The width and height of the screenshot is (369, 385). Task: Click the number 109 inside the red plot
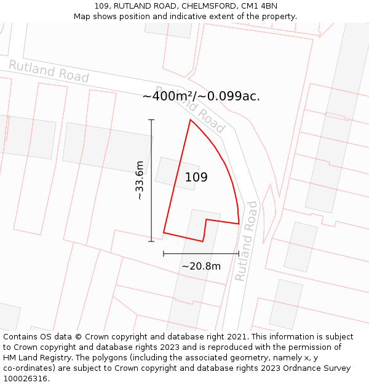click(196, 177)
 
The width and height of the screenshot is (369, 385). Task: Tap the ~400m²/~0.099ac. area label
click(201, 96)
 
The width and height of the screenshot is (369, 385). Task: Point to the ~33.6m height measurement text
click(140, 180)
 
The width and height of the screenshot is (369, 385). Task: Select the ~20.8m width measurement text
click(201, 266)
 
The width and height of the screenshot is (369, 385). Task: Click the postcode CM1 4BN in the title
click(260, 6)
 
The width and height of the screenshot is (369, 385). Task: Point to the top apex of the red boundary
click(190, 120)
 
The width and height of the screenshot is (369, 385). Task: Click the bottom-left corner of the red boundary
click(164, 232)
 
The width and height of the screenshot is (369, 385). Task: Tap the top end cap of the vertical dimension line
click(151, 120)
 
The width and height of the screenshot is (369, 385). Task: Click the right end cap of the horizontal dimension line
click(239, 253)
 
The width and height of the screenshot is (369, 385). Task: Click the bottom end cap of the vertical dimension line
click(151, 241)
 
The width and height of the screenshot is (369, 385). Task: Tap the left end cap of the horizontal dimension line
click(164, 253)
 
